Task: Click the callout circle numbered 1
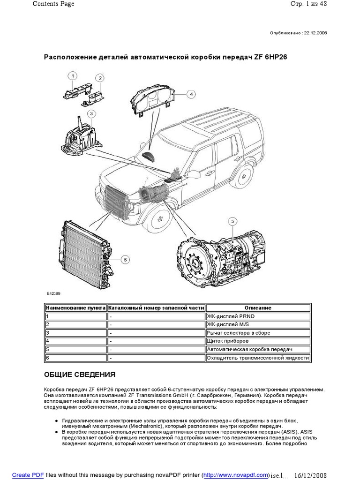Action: (x=73, y=75)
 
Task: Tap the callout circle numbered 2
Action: (x=100, y=78)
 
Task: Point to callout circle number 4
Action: (x=191, y=94)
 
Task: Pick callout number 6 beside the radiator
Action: (x=125, y=259)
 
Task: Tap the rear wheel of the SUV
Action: (x=243, y=177)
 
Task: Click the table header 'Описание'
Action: (x=257, y=308)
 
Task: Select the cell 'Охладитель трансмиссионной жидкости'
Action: (x=257, y=358)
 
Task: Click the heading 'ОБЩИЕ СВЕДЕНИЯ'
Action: (x=79, y=375)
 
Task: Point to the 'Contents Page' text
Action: (x=53, y=4)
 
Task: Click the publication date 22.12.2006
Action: (x=316, y=33)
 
